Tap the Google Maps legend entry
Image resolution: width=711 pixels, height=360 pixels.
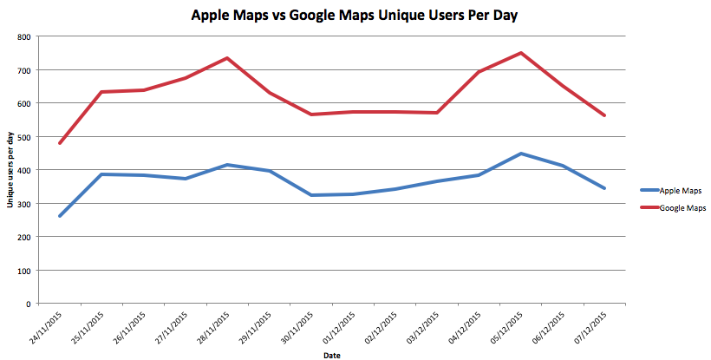tap(681, 208)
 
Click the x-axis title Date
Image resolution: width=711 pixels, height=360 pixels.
tap(331, 355)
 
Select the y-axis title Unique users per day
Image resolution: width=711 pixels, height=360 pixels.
tap(10, 170)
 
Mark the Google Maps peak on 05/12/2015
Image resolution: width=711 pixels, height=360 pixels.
tap(521, 53)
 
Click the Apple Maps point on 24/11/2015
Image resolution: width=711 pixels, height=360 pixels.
tap(59, 216)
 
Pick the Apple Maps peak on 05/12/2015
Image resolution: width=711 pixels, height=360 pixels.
tap(521, 154)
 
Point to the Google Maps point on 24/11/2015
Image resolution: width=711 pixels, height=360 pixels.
tap(59, 143)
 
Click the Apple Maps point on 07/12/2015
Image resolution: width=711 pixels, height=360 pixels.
tap(604, 188)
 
